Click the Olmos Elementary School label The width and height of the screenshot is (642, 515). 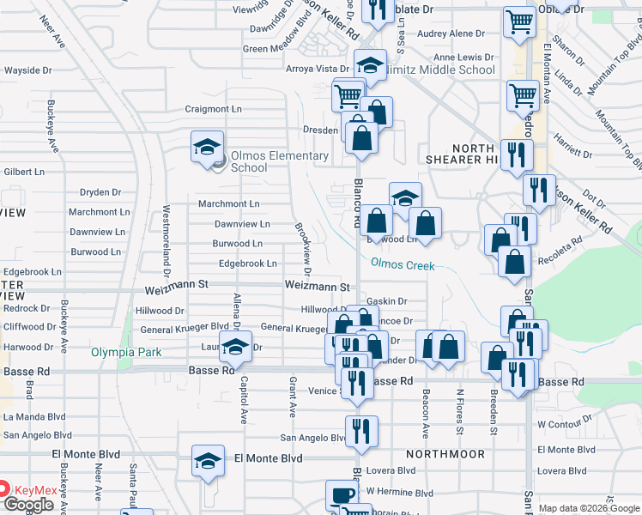pos(280,161)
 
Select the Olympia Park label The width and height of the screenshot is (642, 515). pos(127,353)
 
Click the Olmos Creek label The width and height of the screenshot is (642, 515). pos(403,266)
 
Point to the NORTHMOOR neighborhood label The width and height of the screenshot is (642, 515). pos(445,453)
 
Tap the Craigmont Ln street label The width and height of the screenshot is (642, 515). pos(214,109)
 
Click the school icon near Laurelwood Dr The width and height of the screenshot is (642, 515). pos(233,348)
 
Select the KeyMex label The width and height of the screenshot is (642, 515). pos(35,491)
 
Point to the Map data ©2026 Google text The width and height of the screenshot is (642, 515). pos(589,508)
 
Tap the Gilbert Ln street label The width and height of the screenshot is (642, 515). pos(23,172)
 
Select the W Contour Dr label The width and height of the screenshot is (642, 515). pos(566,424)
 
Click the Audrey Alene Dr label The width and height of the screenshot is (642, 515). pos(451,33)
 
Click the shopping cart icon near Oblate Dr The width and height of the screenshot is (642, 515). pos(519,23)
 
